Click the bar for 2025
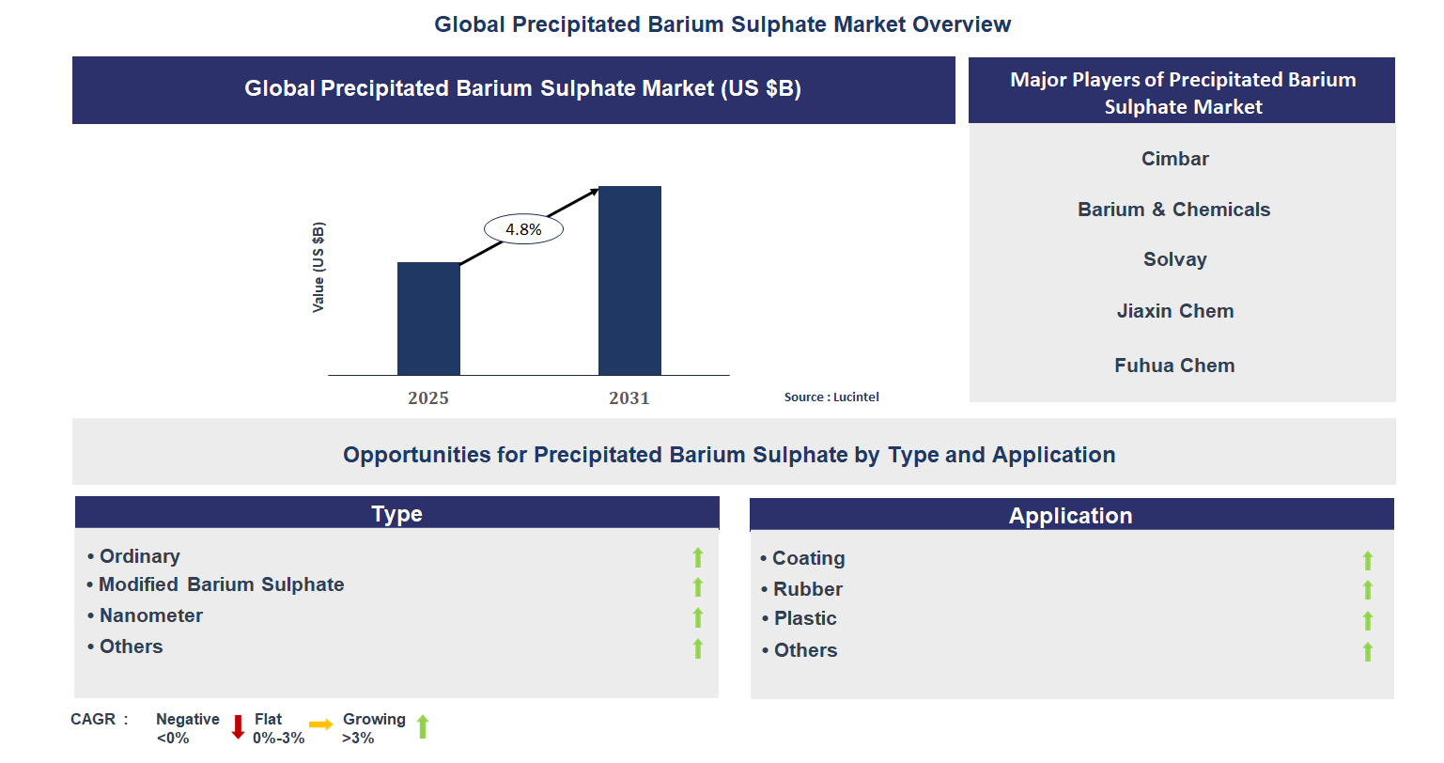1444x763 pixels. tap(428, 319)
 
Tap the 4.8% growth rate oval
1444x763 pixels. tap(523, 229)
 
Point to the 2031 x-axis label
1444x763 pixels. tap(629, 398)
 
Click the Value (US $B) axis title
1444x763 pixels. tap(318, 268)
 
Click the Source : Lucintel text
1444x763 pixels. tap(831, 397)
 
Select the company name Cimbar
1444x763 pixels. tap(1174, 159)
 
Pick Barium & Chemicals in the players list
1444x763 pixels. tap(1173, 210)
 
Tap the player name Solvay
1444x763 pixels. tap(1174, 259)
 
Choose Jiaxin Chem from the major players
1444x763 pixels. tap(1174, 311)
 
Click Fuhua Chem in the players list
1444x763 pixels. tap(1174, 366)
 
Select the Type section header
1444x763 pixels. tap(396, 514)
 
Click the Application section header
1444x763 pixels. tap(1070, 516)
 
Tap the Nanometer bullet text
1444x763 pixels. tap(151, 615)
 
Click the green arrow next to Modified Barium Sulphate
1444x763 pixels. tap(698, 587)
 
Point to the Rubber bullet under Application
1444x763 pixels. tap(807, 589)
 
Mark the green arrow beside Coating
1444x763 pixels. tap(1368, 561)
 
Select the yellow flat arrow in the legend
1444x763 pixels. tap(321, 724)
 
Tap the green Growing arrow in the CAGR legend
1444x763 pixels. tap(423, 726)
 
